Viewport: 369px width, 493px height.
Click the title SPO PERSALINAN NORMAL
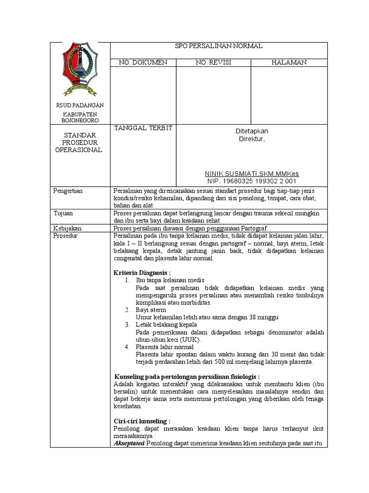(x=219, y=46)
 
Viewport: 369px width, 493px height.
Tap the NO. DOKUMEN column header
(x=143, y=62)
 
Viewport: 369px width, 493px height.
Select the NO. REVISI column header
(x=213, y=62)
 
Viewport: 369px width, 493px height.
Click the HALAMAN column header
(x=289, y=62)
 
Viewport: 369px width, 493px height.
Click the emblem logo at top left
(x=80, y=69)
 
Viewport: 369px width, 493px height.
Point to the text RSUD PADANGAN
(x=80, y=105)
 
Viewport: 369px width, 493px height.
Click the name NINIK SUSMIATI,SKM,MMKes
(x=252, y=173)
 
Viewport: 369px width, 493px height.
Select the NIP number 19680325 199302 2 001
(x=252, y=181)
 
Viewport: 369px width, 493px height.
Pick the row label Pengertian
(x=68, y=191)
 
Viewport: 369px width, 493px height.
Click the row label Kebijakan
(x=67, y=228)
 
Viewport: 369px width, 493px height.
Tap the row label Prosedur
(x=65, y=235)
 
